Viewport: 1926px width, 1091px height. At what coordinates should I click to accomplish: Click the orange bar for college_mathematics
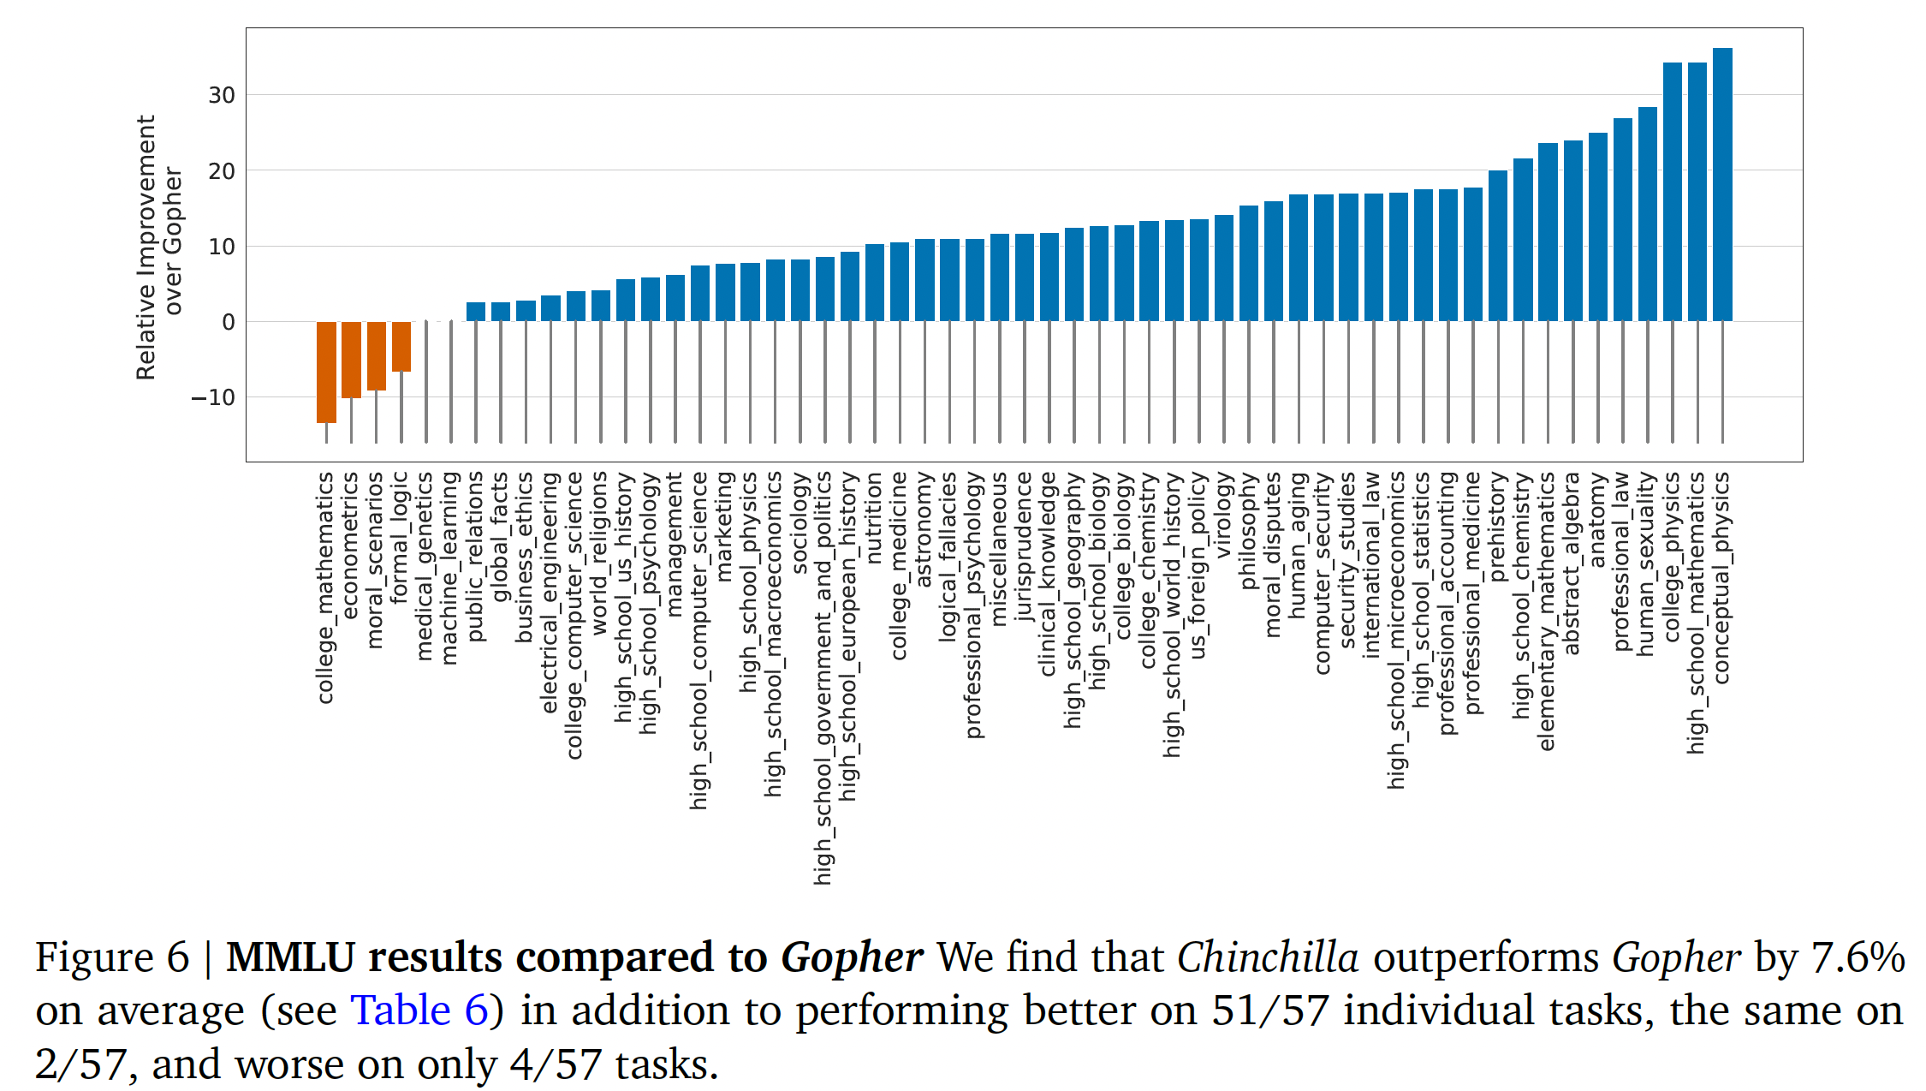click(x=326, y=372)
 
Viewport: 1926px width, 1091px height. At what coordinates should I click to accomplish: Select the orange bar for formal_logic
click(x=401, y=346)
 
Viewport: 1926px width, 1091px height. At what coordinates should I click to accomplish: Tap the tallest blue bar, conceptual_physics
click(x=1721, y=184)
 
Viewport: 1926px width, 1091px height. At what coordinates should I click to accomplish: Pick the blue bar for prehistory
click(x=1497, y=246)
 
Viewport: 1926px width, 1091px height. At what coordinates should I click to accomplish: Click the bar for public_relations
click(x=475, y=312)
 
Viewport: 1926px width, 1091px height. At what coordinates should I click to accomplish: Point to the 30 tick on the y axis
click(x=222, y=95)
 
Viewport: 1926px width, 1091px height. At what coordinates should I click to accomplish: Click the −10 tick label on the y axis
click(x=213, y=397)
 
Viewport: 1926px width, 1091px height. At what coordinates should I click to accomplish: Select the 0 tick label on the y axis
click(x=228, y=322)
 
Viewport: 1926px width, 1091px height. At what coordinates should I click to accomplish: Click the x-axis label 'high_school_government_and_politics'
click(x=823, y=677)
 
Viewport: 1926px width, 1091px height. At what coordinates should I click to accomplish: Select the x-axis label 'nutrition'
click(x=874, y=518)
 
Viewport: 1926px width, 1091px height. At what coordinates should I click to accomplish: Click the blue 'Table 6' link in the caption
click(x=419, y=1011)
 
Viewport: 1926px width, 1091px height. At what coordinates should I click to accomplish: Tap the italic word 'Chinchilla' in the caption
click(x=1267, y=957)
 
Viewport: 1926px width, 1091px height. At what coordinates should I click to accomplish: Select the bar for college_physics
click(x=1672, y=192)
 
